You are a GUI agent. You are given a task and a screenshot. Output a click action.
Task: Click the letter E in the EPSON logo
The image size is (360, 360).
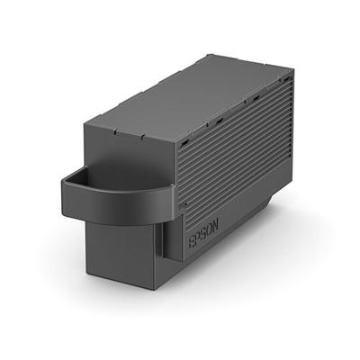tap(192, 240)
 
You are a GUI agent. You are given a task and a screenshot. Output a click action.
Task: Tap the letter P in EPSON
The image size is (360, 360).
tap(198, 237)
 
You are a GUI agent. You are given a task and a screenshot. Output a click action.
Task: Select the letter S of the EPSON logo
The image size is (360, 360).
tap(204, 232)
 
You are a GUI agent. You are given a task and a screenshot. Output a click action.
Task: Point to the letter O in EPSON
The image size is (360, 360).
tap(210, 229)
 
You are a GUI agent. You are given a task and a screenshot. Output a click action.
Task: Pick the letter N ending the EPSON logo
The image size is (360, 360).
tap(215, 224)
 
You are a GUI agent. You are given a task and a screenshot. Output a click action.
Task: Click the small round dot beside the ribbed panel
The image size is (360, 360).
tap(184, 203)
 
